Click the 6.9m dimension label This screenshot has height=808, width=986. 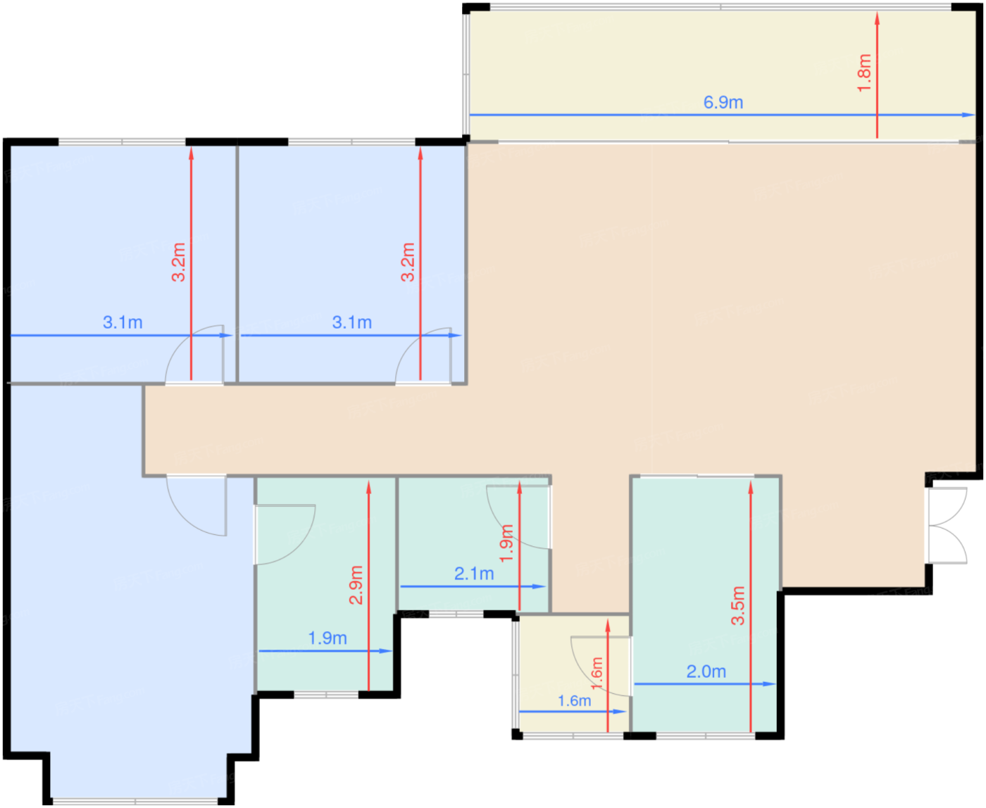coord(723,102)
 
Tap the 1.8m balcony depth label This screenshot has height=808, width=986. coord(864,73)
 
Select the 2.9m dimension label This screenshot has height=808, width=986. coord(356,585)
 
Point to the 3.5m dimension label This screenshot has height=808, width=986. coord(738,606)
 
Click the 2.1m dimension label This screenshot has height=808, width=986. coord(474,574)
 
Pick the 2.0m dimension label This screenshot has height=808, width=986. coord(706,671)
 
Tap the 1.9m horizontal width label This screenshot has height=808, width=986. coord(327,638)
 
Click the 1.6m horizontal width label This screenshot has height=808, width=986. coord(574,701)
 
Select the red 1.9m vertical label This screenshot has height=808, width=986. coord(507,543)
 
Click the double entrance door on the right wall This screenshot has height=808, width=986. coord(947,526)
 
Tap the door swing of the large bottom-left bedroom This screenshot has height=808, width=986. coord(197,505)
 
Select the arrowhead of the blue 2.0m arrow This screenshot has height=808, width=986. coord(769,684)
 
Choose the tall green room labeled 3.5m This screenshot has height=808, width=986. coord(705,605)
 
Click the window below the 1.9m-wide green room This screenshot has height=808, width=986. coord(326,695)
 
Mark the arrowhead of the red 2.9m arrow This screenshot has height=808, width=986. coord(368,488)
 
